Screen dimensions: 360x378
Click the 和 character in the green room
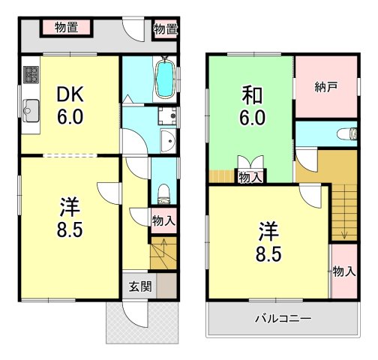(250, 97)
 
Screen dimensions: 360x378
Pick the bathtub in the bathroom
(165, 77)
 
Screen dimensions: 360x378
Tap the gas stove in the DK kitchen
(32, 75)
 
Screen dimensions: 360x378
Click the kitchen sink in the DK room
(31, 110)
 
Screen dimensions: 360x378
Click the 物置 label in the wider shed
(73, 28)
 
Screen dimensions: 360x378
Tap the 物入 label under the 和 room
(250, 177)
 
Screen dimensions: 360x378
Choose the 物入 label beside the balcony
(343, 271)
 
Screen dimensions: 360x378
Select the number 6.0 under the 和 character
(250, 118)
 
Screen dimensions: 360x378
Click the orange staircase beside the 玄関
(162, 253)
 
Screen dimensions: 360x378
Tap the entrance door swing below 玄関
(136, 316)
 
